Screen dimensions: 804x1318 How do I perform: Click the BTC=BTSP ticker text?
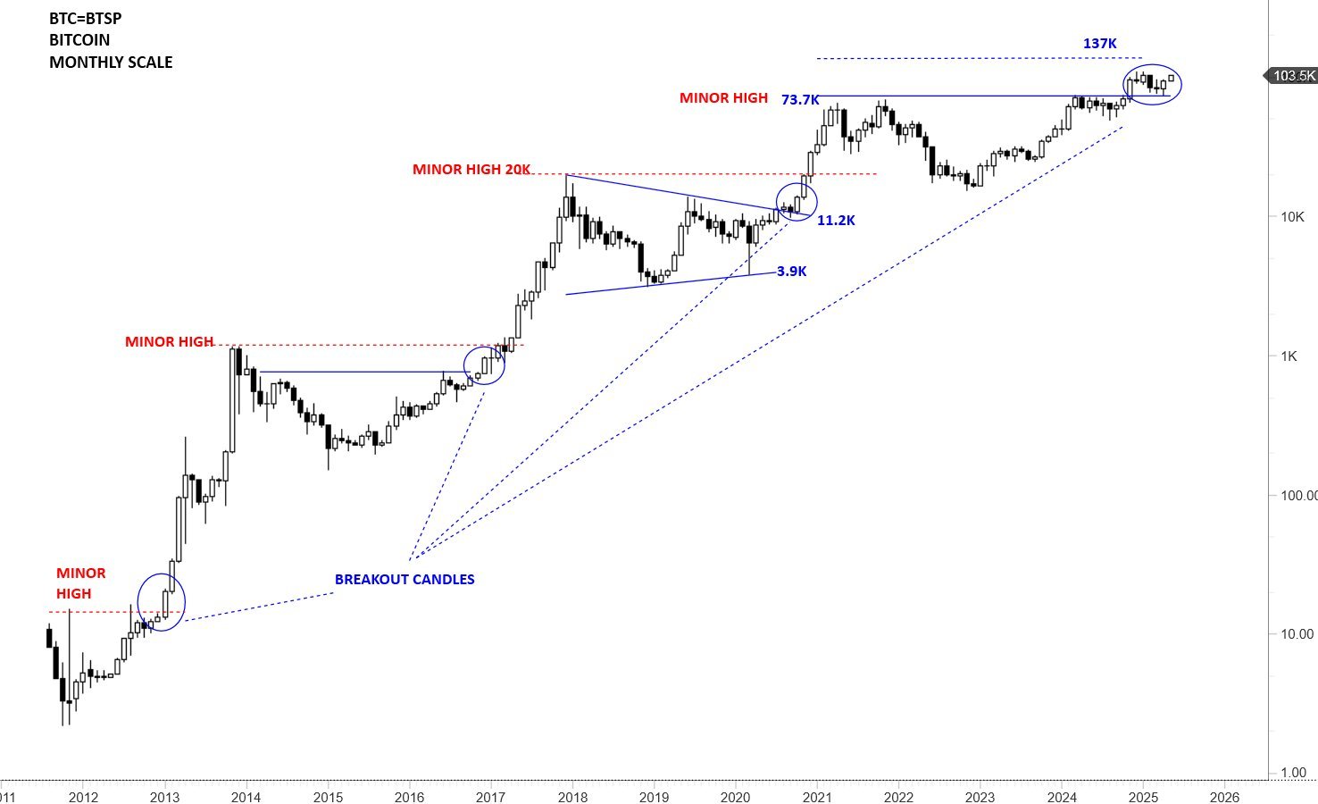(x=86, y=18)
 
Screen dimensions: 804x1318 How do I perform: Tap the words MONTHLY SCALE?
(x=111, y=63)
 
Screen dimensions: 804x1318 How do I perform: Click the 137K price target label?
(x=1099, y=44)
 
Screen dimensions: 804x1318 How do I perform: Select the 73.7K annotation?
(x=800, y=100)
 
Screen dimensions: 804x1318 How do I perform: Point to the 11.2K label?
(x=836, y=221)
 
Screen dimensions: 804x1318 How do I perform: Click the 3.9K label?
(x=791, y=272)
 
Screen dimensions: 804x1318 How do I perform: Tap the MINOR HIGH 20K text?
(x=471, y=170)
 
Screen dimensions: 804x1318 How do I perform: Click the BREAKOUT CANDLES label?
(x=405, y=580)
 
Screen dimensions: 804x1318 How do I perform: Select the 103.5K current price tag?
(x=1294, y=76)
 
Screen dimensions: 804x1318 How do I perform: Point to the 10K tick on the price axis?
(x=1292, y=217)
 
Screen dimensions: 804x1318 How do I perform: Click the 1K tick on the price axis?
(x=1289, y=356)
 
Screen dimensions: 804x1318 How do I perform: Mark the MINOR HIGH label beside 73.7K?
(x=723, y=98)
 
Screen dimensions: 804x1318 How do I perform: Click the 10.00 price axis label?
(x=1297, y=634)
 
